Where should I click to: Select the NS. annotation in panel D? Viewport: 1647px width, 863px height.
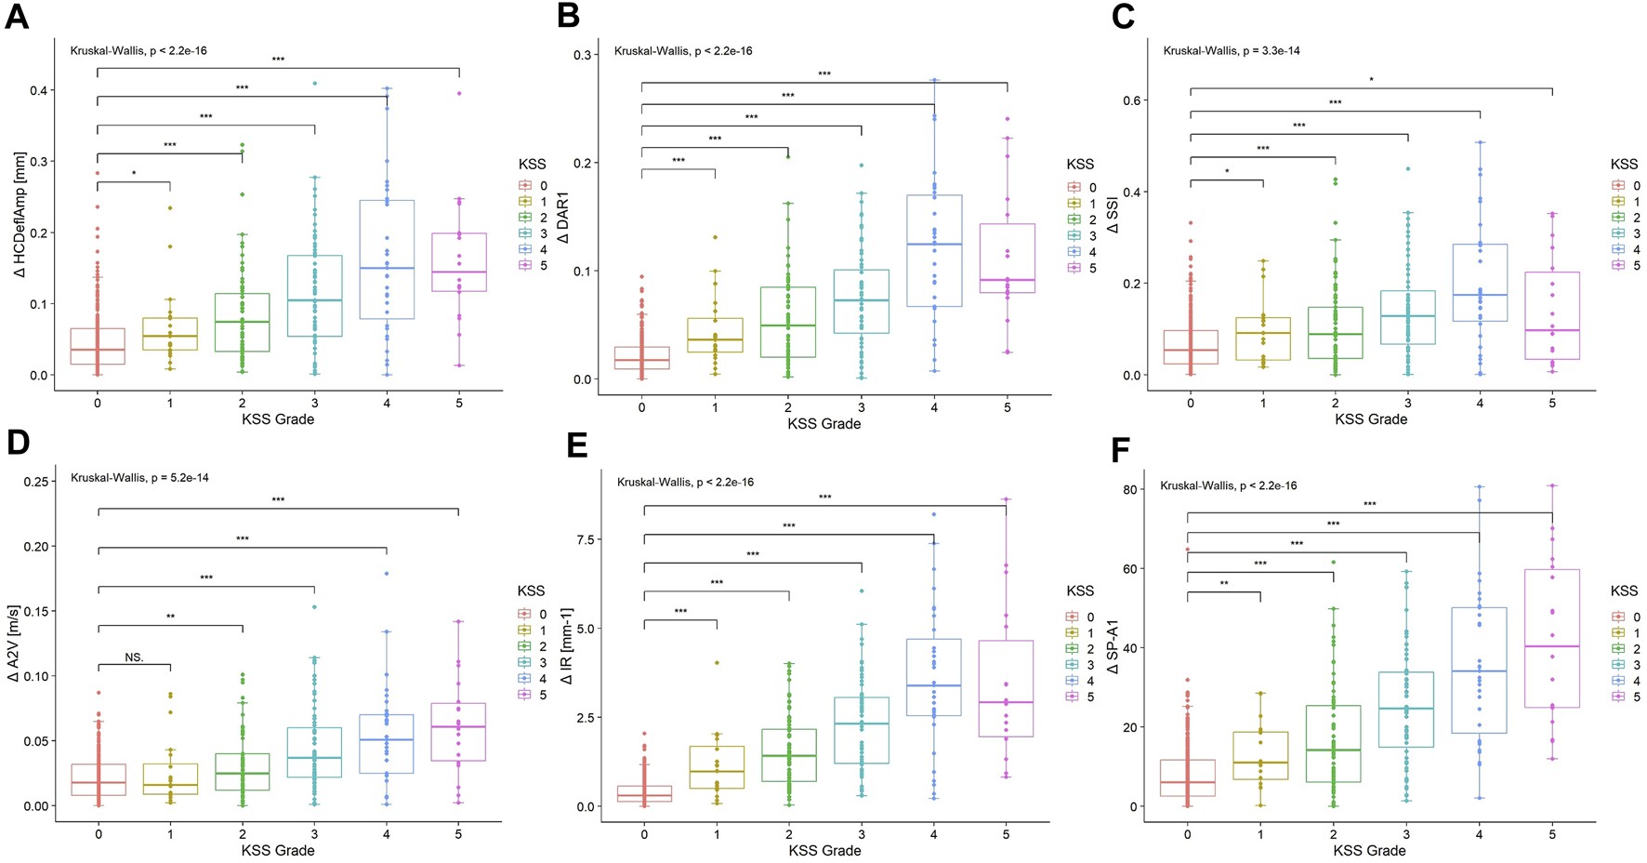(x=134, y=657)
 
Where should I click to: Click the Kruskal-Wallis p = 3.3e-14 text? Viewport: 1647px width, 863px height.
(x=1232, y=50)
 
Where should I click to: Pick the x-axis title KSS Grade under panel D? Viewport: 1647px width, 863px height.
(x=277, y=850)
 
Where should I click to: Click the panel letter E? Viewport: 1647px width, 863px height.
(x=576, y=445)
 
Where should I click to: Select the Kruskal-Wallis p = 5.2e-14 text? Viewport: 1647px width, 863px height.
(x=139, y=478)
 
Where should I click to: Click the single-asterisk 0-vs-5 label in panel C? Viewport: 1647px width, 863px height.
(x=1371, y=81)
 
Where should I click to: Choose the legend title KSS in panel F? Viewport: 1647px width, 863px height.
(x=1624, y=591)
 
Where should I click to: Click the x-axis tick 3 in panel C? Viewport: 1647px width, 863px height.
(x=1408, y=404)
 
